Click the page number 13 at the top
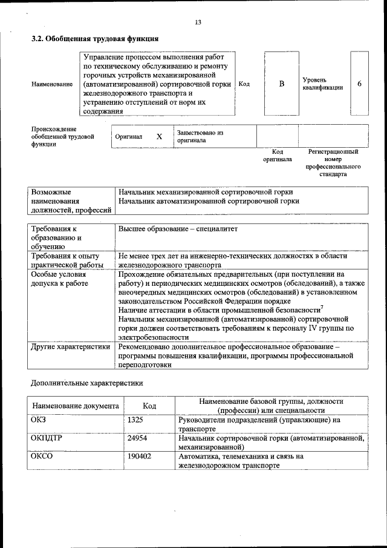coord(197,22)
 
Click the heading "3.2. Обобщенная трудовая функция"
coord(95,39)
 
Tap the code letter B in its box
coord(281,84)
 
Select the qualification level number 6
coord(359,84)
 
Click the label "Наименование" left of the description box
coord(52,84)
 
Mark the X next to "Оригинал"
coord(159,137)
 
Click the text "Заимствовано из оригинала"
coord(200,136)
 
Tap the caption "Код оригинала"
coord(277,156)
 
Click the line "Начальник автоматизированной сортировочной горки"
coord(209,200)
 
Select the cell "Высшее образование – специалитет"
coord(178,229)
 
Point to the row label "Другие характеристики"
coord(70,347)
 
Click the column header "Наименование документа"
coord(76,406)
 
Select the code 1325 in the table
coord(135,419)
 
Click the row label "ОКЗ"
coord(38,419)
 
